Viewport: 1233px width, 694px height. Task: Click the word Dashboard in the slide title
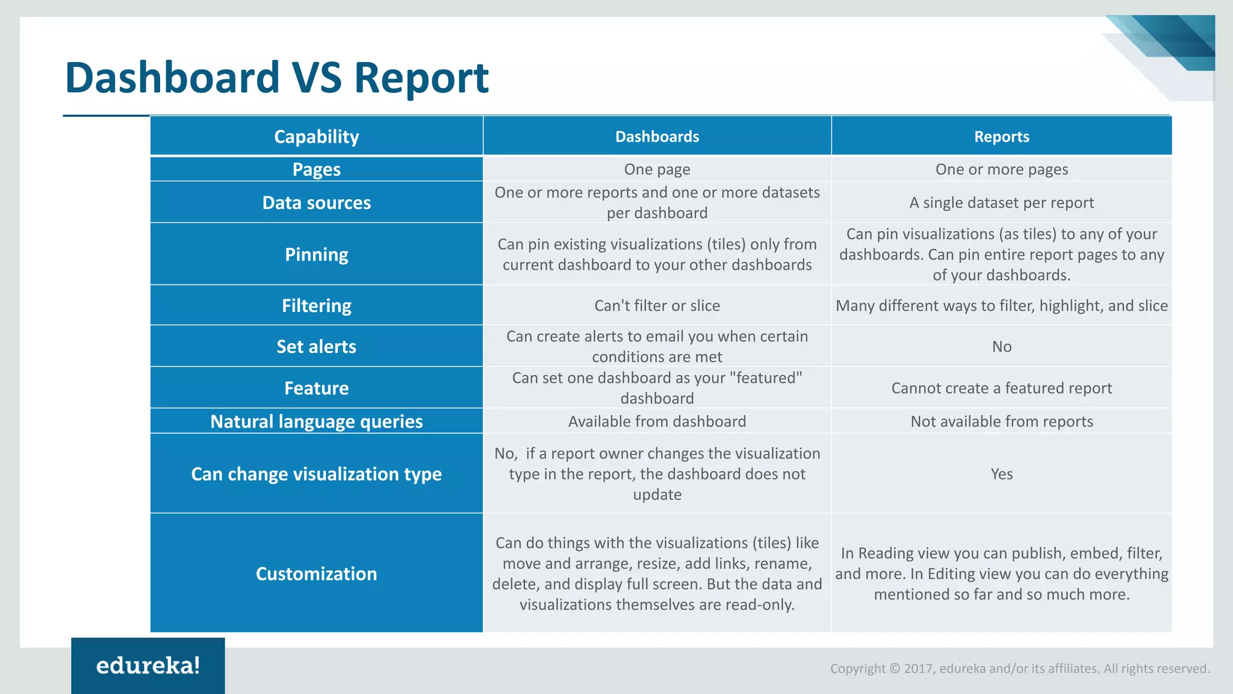click(x=172, y=78)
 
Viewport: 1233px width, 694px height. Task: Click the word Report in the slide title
click(x=421, y=78)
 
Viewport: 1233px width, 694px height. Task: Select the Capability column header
click(x=316, y=137)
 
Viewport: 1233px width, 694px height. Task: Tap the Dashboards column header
click(x=657, y=137)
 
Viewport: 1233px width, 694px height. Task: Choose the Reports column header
click(x=1001, y=137)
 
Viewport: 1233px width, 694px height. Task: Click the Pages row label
click(x=316, y=169)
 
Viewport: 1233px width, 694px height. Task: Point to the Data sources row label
click(x=316, y=202)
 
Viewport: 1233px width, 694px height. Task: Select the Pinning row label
click(x=316, y=254)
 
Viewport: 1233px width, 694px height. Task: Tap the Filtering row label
click(x=316, y=305)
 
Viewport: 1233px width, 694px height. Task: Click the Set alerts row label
click(x=316, y=346)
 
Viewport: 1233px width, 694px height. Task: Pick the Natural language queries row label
click(x=316, y=421)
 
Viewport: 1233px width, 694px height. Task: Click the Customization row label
click(x=316, y=574)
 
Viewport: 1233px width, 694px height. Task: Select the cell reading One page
click(x=657, y=169)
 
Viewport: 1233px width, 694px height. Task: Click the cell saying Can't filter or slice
click(x=657, y=305)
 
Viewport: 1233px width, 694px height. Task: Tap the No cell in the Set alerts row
click(x=1001, y=346)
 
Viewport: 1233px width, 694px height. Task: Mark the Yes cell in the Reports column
click(x=1001, y=474)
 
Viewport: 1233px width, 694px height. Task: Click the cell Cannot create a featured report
click(x=1001, y=388)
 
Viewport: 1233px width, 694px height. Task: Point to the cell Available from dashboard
click(x=657, y=421)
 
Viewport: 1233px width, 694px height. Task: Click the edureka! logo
click(x=148, y=666)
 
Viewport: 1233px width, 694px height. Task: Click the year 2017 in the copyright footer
click(x=918, y=669)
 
